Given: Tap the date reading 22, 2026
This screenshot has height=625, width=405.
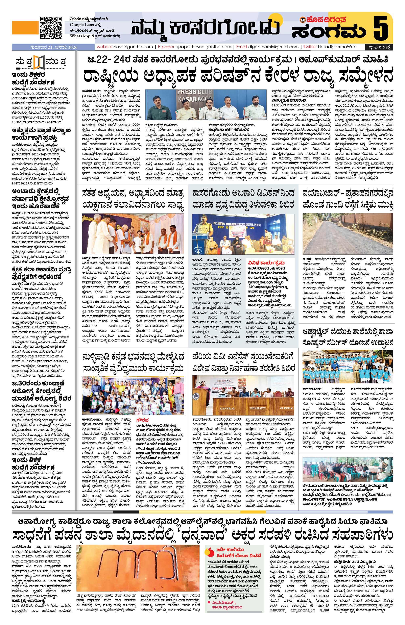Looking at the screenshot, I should [54, 47].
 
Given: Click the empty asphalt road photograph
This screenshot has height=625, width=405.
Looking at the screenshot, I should [348, 234].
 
